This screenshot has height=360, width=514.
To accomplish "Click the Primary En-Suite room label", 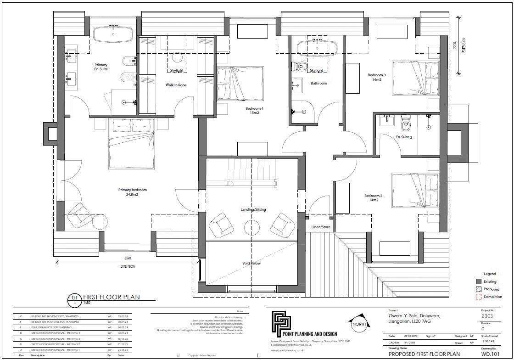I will [x=101, y=67].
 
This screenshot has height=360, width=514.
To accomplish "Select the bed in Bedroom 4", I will [x=240, y=83].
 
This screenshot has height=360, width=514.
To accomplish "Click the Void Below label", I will [x=252, y=263].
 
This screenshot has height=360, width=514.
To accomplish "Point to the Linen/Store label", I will [x=320, y=227].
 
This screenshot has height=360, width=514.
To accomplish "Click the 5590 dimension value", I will [x=128, y=258].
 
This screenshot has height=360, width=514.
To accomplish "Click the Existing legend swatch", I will [x=478, y=281].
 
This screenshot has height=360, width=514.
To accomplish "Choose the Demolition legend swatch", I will [x=478, y=297].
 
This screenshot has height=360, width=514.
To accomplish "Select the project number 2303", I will [x=488, y=316].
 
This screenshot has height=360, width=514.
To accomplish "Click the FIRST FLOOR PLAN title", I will [x=111, y=297].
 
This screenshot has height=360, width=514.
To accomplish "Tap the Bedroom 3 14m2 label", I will [x=376, y=77].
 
